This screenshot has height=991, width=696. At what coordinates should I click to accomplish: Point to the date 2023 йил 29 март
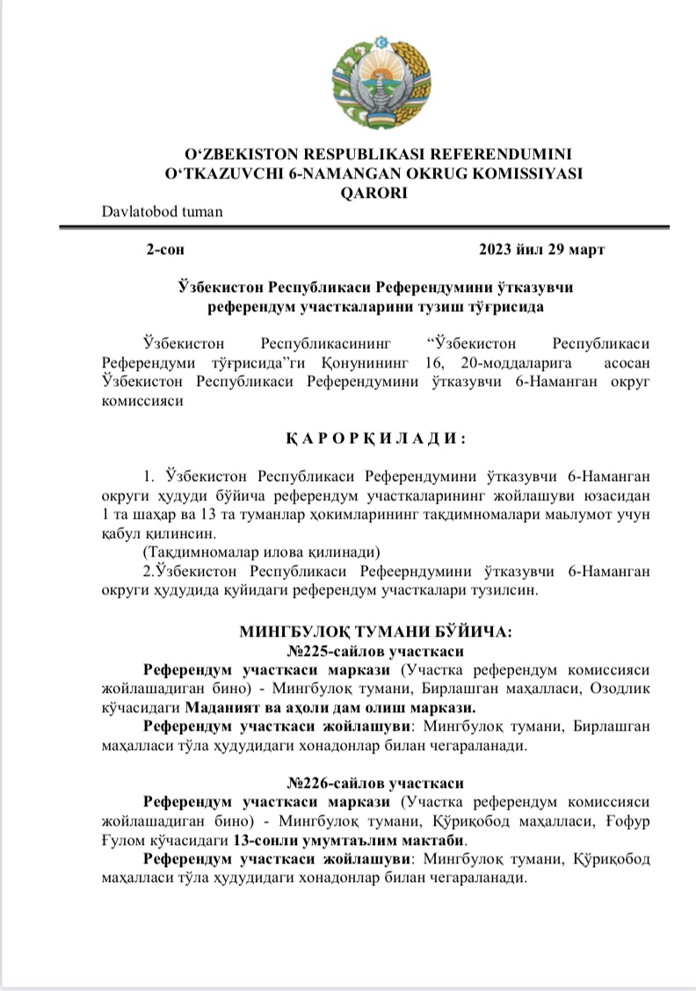(541, 250)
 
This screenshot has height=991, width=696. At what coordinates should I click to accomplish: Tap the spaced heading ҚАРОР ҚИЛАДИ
(373, 438)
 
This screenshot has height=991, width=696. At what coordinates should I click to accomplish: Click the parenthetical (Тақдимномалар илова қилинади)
(260, 552)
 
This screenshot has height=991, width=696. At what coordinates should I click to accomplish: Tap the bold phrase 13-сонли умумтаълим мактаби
(347, 840)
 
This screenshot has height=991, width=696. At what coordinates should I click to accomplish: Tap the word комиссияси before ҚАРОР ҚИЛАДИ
(143, 401)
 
